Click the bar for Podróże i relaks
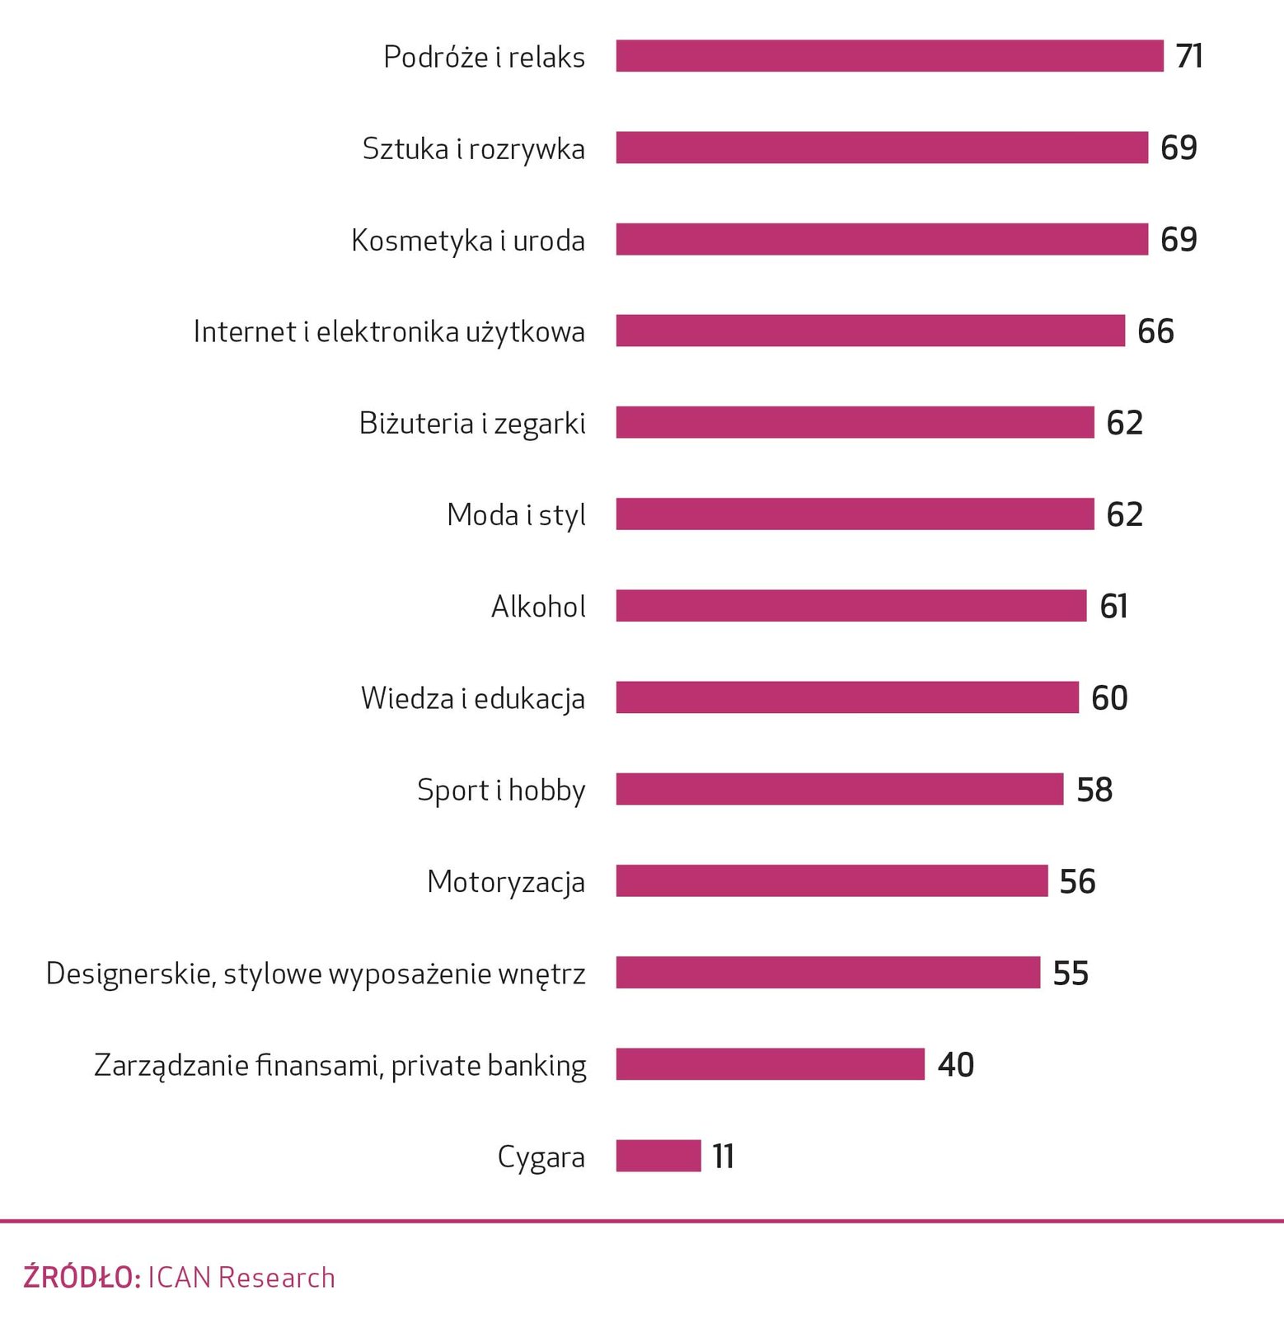coord(889,56)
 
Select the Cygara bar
coord(658,1156)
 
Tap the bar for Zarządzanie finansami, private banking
coord(770,1064)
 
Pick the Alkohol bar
coord(851,606)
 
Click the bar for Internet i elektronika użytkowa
coord(869,331)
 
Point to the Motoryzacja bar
coord(832,880)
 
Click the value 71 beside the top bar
coord(1189,56)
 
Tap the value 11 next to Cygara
coord(723,1156)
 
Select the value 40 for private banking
coord(955,1064)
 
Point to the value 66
coord(1155,331)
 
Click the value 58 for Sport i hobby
coord(1094,790)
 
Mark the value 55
coord(1071,973)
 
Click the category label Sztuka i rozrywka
coord(473,148)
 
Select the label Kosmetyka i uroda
coord(467,240)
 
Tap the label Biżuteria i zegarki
coord(471,423)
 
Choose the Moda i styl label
coord(516,514)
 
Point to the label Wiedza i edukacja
coord(472,698)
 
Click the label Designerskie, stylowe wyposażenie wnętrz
coord(316,974)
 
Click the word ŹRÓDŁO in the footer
coord(81,1277)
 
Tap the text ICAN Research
coord(241,1277)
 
